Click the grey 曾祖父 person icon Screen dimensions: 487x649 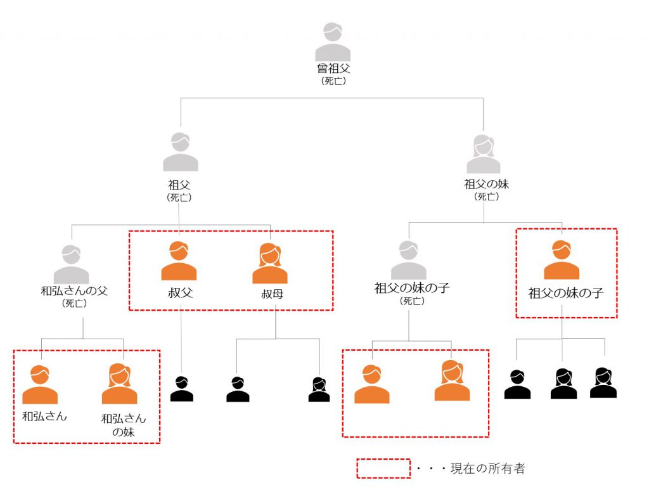tap(333, 42)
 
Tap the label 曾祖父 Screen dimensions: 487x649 tap(333, 68)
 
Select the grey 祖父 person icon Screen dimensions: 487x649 tap(181, 152)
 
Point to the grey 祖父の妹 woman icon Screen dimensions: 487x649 tap(484, 154)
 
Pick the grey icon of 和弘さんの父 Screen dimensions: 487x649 tap(71, 264)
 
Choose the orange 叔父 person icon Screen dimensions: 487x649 tap(179, 261)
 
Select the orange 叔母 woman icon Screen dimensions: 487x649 tap(270, 264)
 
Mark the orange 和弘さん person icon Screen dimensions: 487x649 tap(40, 385)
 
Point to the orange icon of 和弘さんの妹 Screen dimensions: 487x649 tap(119, 384)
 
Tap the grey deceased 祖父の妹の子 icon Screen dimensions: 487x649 tap(409, 260)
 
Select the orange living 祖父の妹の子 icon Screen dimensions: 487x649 tap(562, 260)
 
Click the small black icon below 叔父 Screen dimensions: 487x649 tap(182, 389)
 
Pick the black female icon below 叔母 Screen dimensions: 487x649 tap(319, 390)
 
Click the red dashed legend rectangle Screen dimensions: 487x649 tap(383, 468)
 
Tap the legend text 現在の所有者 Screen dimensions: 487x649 tap(487, 469)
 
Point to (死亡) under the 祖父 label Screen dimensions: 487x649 tap(180, 197)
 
